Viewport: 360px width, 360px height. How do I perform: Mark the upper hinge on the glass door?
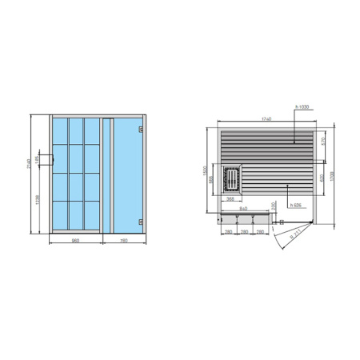click(x=140, y=130)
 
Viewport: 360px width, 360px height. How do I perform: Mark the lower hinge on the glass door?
click(x=140, y=218)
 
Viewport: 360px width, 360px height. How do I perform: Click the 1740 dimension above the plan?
click(x=264, y=119)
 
